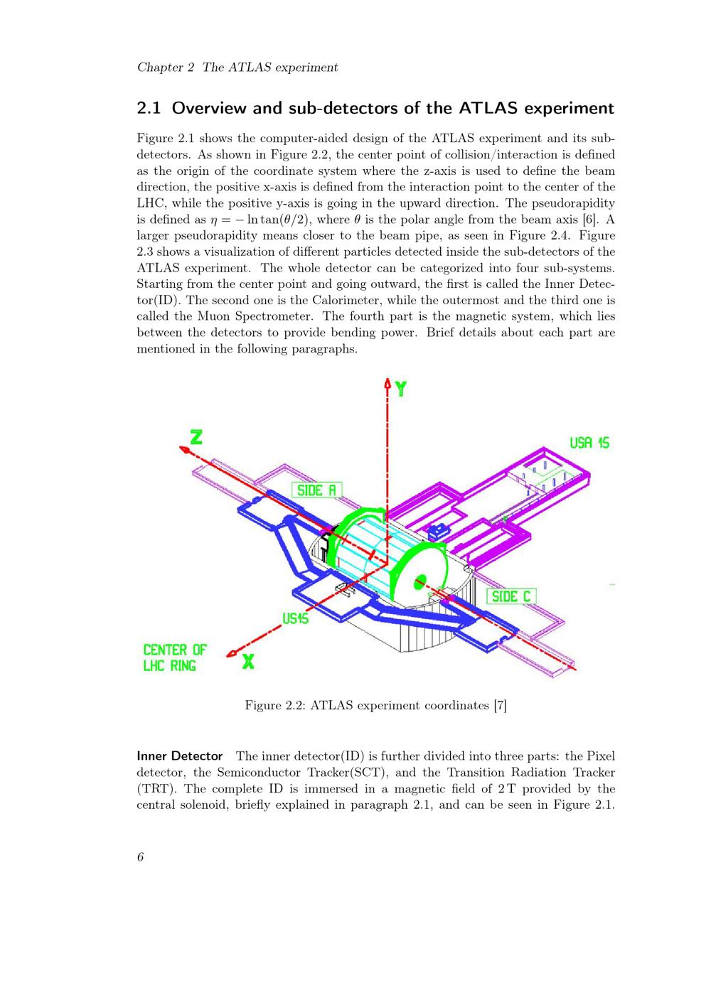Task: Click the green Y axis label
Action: pyautogui.click(x=401, y=389)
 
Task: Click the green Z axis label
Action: pyautogui.click(x=197, y=436)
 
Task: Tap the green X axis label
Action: pyautogui.click(x=248, y=661)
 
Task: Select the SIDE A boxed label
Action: pyautogui.click(x=316, y=490)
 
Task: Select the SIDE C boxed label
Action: pyautogui.click(x=511, y=596)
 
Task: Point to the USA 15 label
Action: pyautogui.click(x=589, y=443)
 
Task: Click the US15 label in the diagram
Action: pyautogui.click(x=295, y=618)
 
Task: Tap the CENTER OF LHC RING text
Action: pyautogui.click(x=175, y=657)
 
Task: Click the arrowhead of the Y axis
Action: pyautogui.click(x=387, y=382)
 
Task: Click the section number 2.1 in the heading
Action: pyautogui.click(x=149, y=108)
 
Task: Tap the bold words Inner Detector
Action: pyautogui.click(x=180, y=756)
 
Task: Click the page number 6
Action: pyautogui.click(x=141, y=857)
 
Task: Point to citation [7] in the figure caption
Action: pyautogui.click(x=500, y=705)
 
